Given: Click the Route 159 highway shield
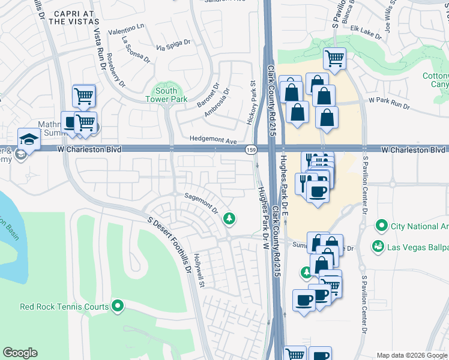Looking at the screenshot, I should click(x=248, y=149).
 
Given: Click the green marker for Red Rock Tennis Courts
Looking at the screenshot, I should click(x=118, y=307).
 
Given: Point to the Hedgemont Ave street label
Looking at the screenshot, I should click(x=213, y=139).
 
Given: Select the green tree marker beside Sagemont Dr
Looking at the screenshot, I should click(x=228, y=219).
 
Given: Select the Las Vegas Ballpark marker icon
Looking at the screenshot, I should click(x=378, y=247).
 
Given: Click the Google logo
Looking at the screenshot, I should click(x=20, y=353).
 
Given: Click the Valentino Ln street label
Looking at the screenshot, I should click(x=127, y=28).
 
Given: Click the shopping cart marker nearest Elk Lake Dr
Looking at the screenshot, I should click(x=334, y=59).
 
